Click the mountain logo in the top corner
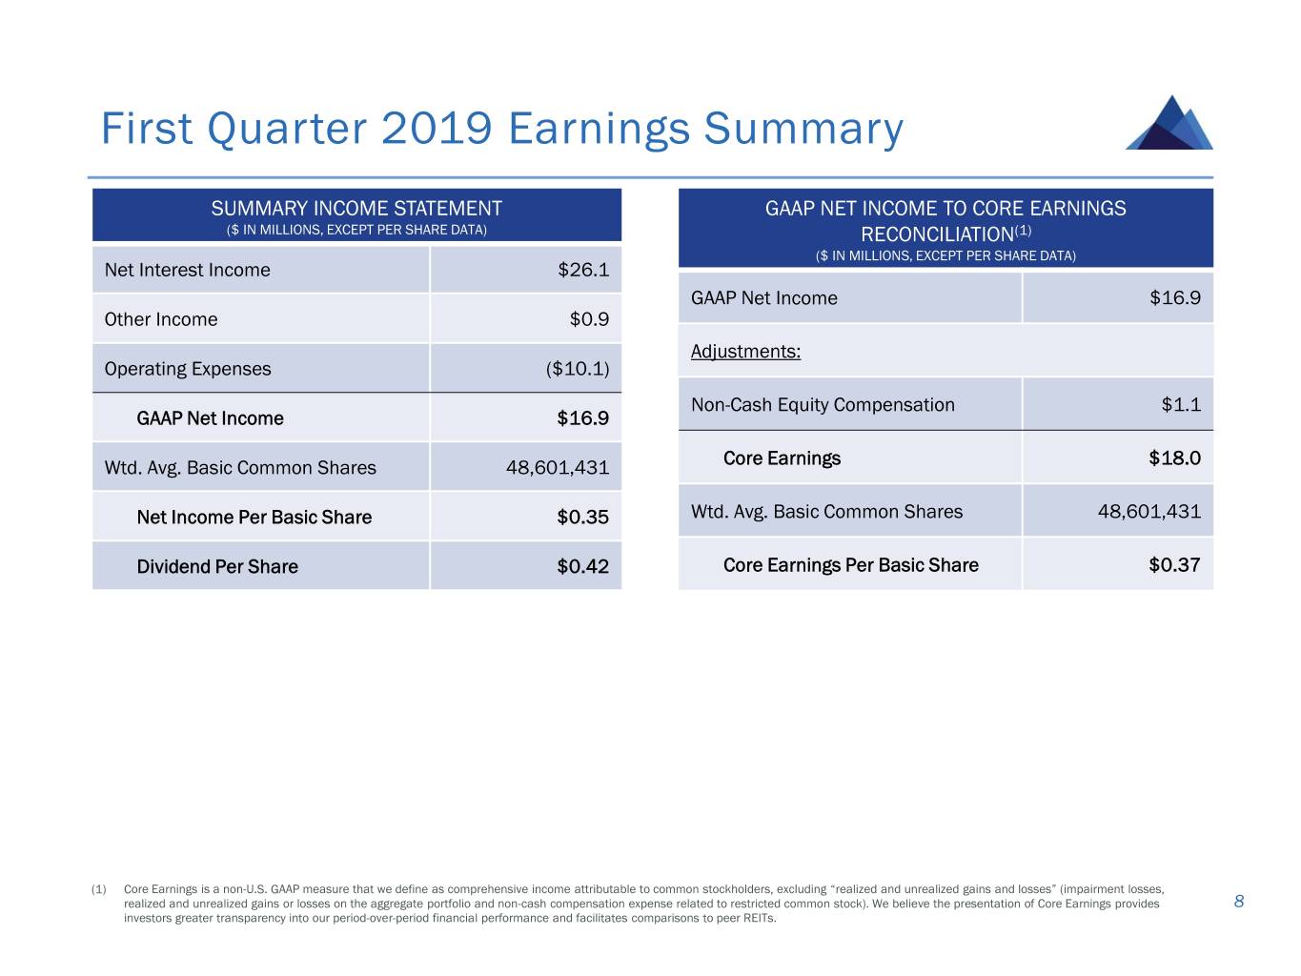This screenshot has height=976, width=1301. coord(1169,123)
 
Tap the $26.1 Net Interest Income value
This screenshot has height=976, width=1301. coord(582,270)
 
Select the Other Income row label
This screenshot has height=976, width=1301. coord(161,319)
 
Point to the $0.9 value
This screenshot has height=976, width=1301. coord(589,319)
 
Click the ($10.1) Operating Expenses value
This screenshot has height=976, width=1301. coord(577,369)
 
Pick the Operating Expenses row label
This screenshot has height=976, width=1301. coord(188,369)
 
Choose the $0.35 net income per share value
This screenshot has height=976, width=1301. coord(582,518)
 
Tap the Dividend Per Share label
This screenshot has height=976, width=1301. coord(217,567)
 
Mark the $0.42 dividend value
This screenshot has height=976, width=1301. coord(582,567)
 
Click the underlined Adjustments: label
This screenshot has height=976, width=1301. coord(745,352)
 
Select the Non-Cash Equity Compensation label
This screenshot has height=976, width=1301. coord(823,405)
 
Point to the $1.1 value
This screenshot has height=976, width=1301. coord(1181,405)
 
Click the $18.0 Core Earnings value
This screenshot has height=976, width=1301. coord(1174,458)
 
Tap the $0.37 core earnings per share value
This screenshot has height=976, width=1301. coord(1174,565)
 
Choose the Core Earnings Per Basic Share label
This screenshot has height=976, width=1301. coord(850,565)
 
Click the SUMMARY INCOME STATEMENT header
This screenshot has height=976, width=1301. coord(356,209)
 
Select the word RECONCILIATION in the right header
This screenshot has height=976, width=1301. coord(935,234)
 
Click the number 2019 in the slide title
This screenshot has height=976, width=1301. coord(437,129)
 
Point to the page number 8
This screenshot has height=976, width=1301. coord(1239,902)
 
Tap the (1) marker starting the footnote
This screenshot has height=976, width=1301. coord(98,889)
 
